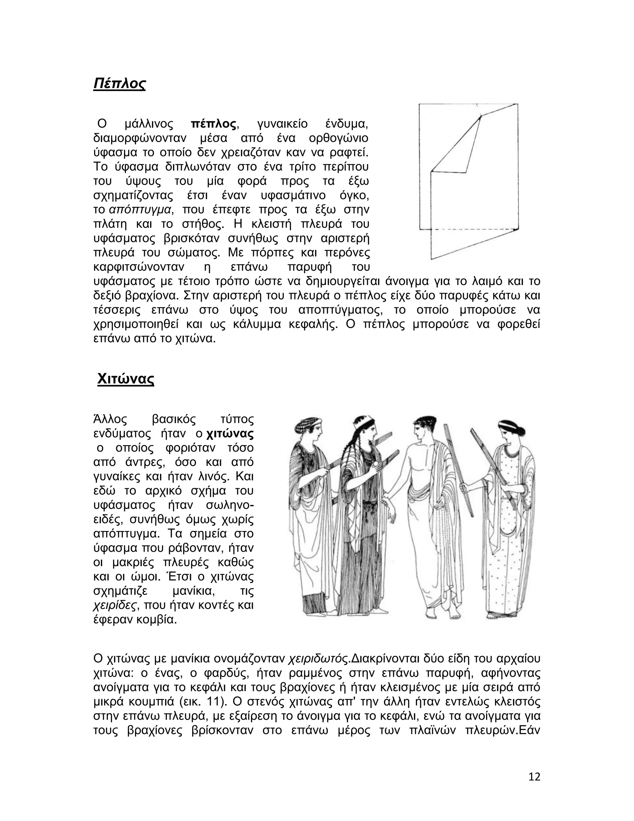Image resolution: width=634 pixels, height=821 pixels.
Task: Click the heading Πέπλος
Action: point(119,83)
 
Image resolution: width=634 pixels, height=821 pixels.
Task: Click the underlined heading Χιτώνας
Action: point(125,379)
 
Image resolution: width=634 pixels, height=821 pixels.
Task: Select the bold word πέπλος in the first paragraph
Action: point(214,124)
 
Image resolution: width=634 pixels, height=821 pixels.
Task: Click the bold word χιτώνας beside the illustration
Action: point(230,434)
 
